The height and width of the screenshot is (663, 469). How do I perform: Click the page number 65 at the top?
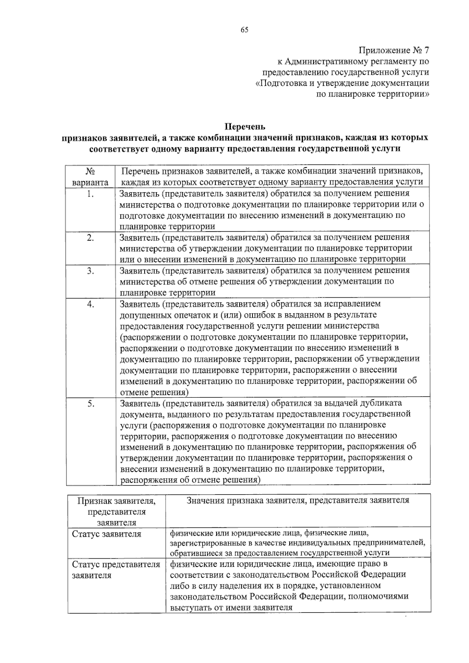pyautogui.click(x=245, y=30)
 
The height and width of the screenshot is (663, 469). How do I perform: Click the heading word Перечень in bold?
pyautogui.click(x=245, y=127)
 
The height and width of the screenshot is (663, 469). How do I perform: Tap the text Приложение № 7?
pyautogui.click(x=394, y=51)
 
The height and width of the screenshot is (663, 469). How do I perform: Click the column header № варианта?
pyautogui.click(x=90, y=177)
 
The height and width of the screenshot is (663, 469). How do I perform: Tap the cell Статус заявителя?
pyautogui.click(x=106, y=534)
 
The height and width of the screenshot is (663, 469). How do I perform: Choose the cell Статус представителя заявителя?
pyautogui.click(x=116, y=570)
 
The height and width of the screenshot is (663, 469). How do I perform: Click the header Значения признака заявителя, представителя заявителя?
pyautogui.click(x=298, y=500)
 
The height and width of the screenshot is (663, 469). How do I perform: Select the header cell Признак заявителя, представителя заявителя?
pyautogui.click(x=116, y=511)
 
